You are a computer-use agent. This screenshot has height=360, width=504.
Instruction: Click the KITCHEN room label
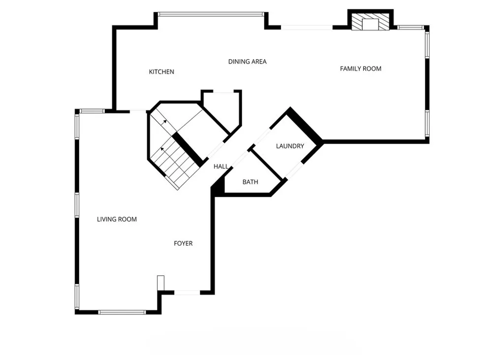[x=161, y=72]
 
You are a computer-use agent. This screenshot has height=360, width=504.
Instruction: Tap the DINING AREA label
[x=247, y=62]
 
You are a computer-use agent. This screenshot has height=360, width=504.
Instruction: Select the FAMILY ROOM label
[x=360, y=68]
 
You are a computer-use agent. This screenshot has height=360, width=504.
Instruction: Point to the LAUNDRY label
[x=290, y=146]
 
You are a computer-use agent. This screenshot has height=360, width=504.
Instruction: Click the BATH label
[x=250, y=182]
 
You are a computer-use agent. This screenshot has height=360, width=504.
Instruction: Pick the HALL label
[x=221, y=166]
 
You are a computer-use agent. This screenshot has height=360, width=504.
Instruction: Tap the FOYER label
[x=183, y=243]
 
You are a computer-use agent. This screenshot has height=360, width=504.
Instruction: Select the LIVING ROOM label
[x=117, y=219]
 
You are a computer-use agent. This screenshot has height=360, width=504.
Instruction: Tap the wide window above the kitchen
[x=211, y=14]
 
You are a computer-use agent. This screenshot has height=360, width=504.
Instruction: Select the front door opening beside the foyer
[x=187, y=293]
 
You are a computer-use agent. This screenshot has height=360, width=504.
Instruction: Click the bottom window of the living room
[x=122, y=312]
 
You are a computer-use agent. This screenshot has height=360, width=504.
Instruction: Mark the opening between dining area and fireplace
[x=307, y=27]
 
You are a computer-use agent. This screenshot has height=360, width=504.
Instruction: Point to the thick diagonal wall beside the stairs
[x=188, y=149]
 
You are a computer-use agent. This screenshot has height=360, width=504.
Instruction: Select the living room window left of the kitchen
[x=92, y=111]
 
